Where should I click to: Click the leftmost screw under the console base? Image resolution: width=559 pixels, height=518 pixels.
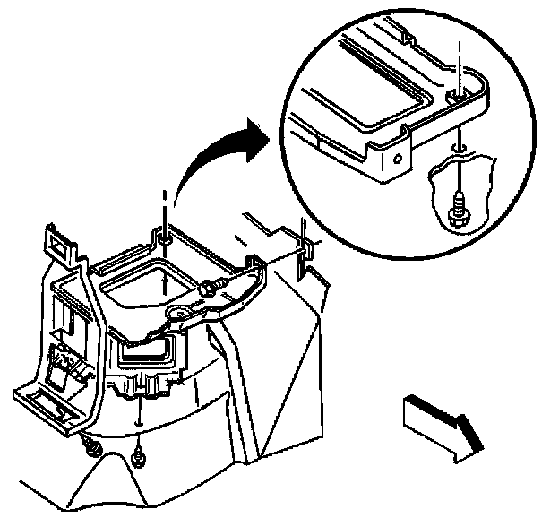click(90, 445)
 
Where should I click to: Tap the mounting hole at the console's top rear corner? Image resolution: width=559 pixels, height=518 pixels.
click(167, 239)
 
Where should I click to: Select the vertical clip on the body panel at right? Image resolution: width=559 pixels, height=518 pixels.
click(305, 247)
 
